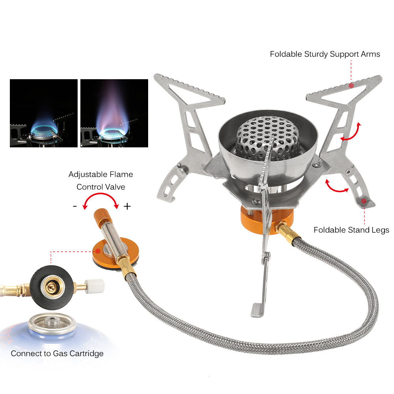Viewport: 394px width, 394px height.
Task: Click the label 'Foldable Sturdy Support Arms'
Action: pos(325,54)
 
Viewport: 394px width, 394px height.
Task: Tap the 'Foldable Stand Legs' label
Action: pos(351,230)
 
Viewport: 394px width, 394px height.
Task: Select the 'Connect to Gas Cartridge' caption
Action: pos(57,353)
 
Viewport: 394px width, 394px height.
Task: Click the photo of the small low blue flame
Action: pos(43,113)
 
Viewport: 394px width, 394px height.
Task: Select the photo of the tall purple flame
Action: pos(114,113)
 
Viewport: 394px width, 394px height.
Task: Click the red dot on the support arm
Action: pos(351,85)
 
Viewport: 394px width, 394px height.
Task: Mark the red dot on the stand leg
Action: pos(364,201)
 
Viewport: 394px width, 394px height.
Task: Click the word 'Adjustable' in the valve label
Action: pos(86,174)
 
